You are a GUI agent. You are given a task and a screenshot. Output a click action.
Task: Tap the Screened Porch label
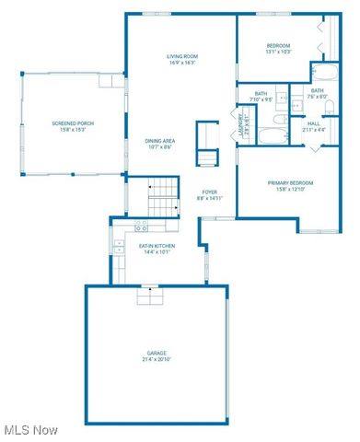(72, 123)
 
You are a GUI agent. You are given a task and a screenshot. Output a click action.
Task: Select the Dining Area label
(159, 140)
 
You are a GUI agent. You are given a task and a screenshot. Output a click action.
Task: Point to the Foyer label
(210, 192)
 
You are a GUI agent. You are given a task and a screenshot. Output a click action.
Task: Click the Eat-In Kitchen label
(156, 246)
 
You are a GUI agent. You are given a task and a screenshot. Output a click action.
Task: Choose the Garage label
(157, 353)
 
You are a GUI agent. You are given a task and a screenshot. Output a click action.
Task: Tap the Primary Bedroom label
(292, 182)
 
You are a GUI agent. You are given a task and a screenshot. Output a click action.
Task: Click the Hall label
(314, 122)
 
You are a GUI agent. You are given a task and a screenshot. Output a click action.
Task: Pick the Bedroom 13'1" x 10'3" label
(279, 45)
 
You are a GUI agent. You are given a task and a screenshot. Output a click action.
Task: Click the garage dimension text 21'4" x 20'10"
(157, 359)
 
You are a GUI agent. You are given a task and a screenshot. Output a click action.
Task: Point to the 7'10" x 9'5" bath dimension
(261, 99)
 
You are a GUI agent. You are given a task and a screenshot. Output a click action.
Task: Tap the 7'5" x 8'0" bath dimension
(318, 97)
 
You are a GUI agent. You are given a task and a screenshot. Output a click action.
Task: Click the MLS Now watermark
(31, 429)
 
